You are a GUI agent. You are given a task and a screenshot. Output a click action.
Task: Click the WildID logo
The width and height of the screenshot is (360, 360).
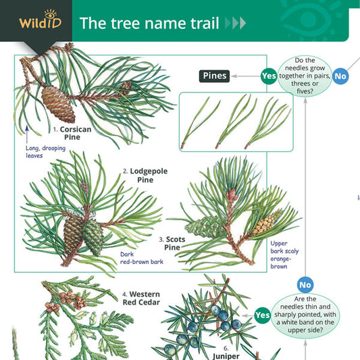40,20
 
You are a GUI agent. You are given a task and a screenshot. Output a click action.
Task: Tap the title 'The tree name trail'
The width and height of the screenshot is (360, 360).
149,23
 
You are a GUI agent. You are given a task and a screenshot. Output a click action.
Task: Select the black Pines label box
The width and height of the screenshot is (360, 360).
214,76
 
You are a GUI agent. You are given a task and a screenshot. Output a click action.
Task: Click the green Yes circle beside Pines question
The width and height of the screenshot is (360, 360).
269,76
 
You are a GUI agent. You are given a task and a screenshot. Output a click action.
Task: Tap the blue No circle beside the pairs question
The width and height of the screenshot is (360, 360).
340,76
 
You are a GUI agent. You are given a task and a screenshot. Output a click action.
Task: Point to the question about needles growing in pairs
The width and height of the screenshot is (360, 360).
305,76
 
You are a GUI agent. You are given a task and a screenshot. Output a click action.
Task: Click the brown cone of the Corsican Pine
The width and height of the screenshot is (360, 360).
58,104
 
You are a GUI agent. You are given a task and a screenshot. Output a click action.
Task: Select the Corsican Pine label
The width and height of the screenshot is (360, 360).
72,133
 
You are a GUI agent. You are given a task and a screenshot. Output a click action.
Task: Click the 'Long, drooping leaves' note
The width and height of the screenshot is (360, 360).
45,152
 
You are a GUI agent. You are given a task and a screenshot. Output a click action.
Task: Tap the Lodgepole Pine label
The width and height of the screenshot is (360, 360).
145,176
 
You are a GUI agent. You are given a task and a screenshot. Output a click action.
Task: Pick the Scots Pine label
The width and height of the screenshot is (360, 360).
172,243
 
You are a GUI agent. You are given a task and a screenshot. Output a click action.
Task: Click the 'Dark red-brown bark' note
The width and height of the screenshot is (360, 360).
142,258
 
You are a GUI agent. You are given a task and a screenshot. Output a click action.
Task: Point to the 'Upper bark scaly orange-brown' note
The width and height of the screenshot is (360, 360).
284,255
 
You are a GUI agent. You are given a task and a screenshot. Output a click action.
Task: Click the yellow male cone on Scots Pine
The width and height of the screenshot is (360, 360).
267,222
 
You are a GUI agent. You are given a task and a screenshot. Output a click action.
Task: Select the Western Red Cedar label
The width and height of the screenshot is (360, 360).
141,299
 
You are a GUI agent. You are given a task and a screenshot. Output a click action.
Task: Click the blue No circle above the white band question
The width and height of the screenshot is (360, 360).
305,285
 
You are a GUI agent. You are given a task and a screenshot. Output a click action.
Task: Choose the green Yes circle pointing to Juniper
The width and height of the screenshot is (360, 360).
263,315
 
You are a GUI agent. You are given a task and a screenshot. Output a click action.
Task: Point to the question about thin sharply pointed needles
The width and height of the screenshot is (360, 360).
305,315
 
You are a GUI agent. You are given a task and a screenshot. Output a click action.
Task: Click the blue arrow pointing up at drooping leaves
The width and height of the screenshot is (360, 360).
27,134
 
